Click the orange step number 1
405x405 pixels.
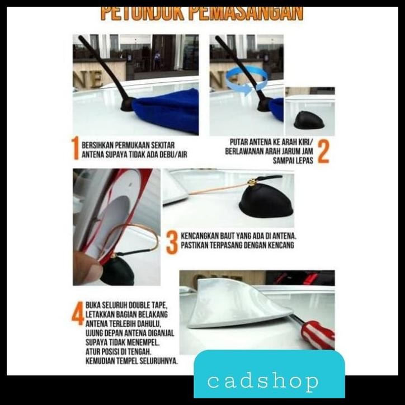(x=76, y=149)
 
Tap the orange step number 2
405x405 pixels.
(x=323, y=151)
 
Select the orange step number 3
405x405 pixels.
(x=172, y=242)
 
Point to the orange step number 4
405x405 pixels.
(x=78, y=313)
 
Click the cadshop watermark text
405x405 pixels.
(x=263, y=382)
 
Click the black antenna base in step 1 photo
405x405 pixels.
(x=126, y=105)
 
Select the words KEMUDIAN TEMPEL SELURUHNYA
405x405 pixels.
(x=132, y=361)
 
